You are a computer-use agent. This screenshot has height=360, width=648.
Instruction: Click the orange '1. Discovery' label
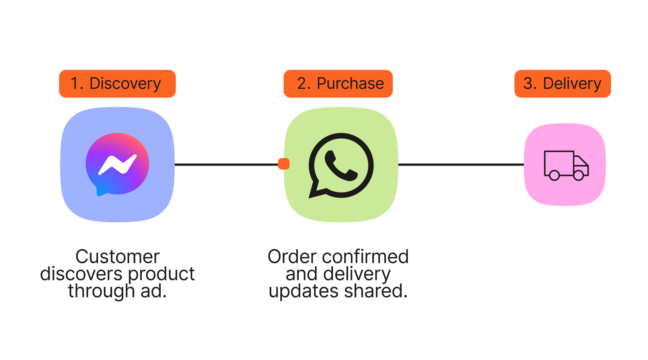[117, 84]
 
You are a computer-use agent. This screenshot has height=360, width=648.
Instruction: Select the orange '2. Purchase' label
[338, 84]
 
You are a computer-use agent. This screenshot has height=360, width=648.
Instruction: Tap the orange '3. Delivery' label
[562, 84]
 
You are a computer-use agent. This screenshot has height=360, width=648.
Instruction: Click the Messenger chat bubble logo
[117, 164]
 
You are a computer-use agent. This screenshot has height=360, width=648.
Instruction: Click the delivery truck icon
[566, 165]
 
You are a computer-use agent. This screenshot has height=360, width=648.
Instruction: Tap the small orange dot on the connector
[283, 164]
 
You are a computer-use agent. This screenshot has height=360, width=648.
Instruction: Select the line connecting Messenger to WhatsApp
[225, 165]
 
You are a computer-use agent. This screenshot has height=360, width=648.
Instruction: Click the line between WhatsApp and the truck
[461, 165]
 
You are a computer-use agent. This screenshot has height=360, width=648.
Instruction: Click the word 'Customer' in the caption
[117, 257]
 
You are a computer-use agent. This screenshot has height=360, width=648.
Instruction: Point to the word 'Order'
[291, 257]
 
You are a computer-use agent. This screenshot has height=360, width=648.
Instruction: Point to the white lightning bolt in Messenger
[117, 165]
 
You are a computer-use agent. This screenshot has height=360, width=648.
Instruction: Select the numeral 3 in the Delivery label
[528, 84]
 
